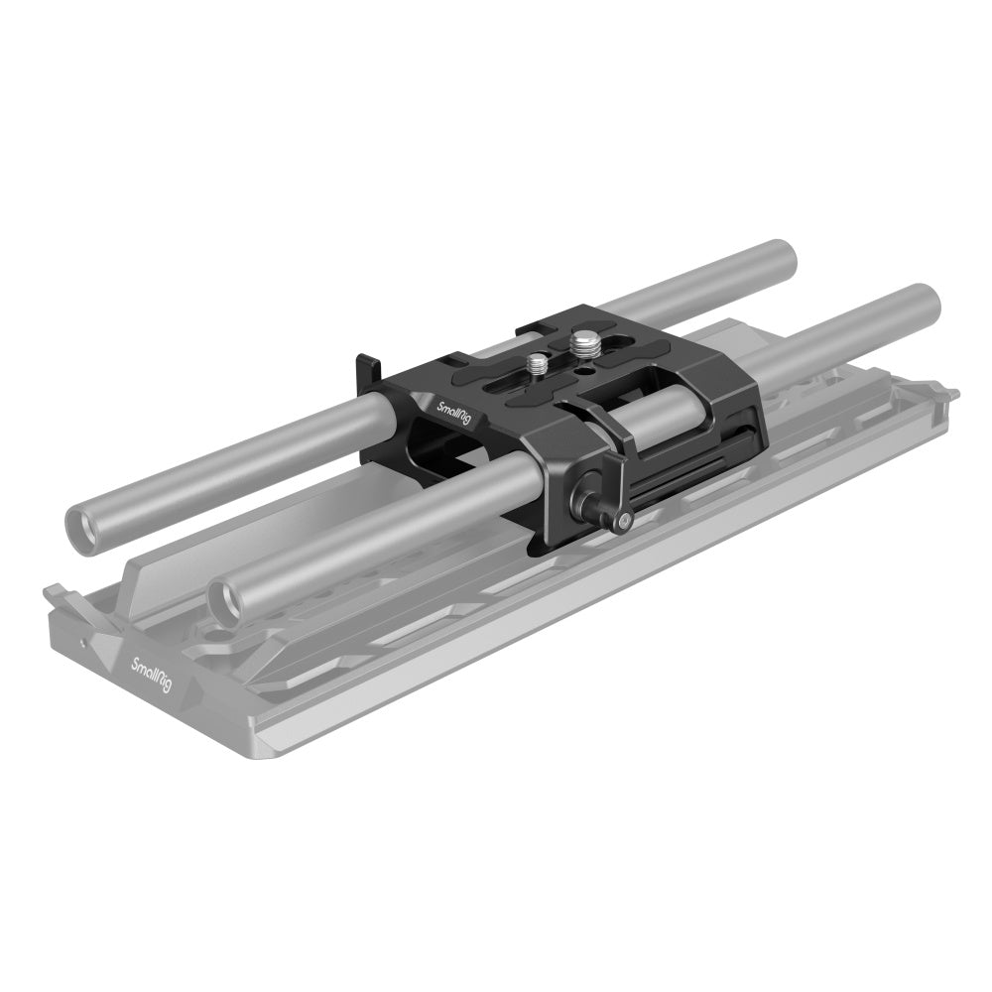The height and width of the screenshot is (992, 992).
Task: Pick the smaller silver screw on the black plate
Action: click(539, 364)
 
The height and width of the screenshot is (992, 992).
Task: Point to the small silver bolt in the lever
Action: click(621, 517)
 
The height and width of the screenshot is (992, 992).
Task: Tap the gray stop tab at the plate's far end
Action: click(944, 396)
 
